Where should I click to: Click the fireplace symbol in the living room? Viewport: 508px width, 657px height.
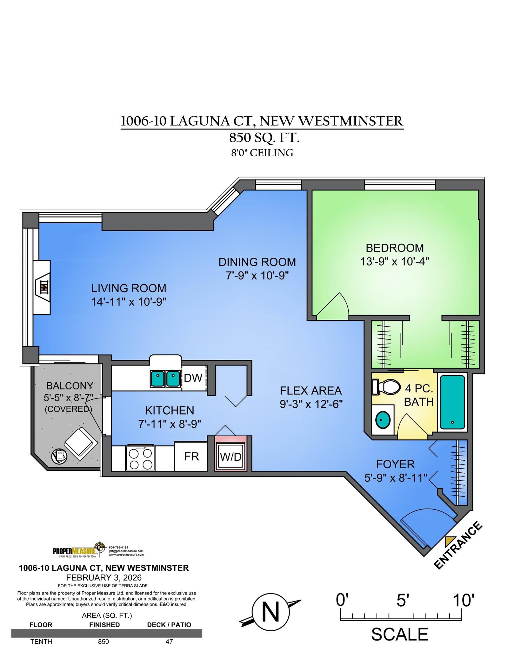click(44, 288)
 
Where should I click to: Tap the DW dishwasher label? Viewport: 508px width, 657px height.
click(193, 378)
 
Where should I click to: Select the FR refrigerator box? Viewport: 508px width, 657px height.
click(191, 456)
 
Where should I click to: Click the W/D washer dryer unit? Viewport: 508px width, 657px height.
click(231, 457)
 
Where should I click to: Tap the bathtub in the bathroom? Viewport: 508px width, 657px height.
click(452, 402)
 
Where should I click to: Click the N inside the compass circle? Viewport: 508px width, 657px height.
click(271, 612)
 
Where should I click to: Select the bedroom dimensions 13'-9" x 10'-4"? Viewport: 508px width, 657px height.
click(394, 262)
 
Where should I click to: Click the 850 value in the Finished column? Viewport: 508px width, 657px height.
click(104, 641)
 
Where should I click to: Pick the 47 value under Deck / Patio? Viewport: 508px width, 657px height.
click(169, 641)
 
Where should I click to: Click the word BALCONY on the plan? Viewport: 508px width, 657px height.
click(70, 386)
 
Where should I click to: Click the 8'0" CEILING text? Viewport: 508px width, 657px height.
click(262, 153)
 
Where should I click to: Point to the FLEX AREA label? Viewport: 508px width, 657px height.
click(311, 391)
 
